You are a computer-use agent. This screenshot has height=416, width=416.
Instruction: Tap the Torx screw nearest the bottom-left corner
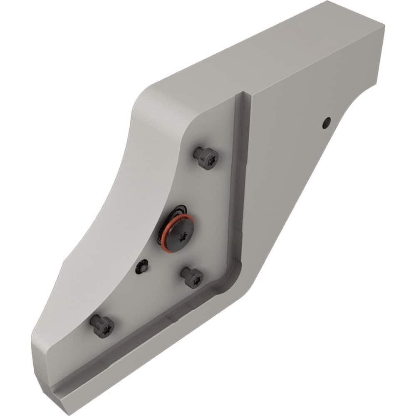pyautogui.click(x=102, y=326)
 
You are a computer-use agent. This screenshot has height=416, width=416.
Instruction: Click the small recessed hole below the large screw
pyautogui.click(x=141, y=267)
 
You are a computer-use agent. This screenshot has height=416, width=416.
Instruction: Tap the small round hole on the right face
pyautogui.click(x=327, y=122)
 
